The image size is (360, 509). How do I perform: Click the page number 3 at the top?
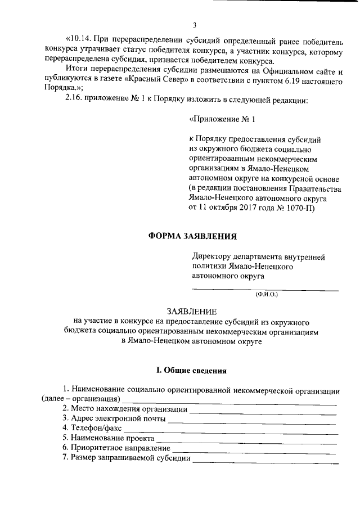click(x=194, y=24)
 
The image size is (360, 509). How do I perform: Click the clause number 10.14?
click(x=78, y=39)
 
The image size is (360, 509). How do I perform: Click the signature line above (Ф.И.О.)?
click(x=265, y=289)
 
